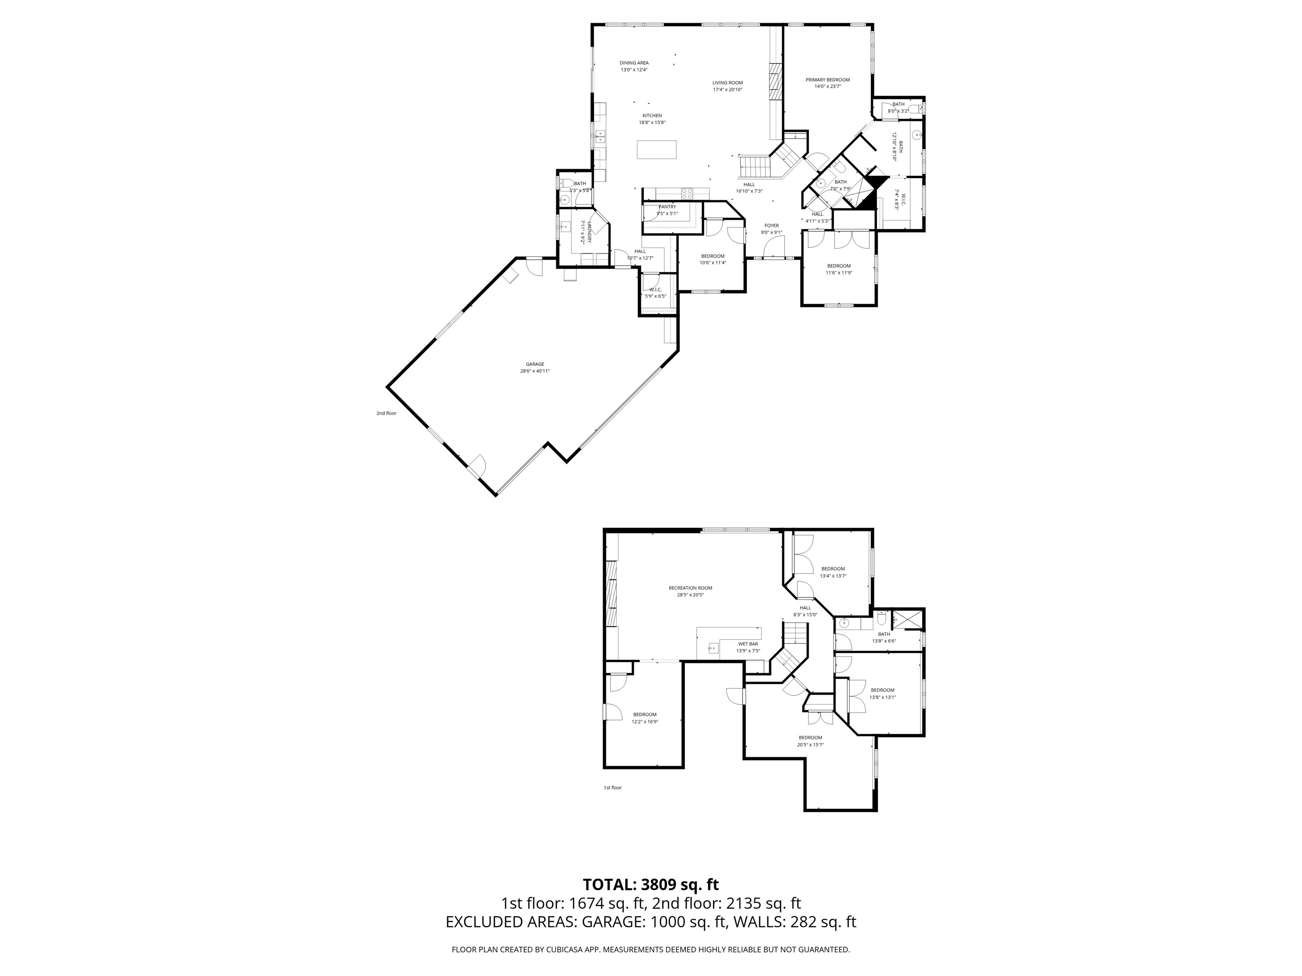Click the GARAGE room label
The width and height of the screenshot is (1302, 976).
pos(534,364)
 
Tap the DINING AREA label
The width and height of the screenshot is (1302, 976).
pos(634,63)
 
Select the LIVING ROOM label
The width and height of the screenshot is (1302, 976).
pos(728,83)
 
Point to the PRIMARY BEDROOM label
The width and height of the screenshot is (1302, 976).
pos(828,80)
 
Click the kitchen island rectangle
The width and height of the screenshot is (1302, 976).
pos(656,150)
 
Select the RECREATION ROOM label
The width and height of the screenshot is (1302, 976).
pos(690,588)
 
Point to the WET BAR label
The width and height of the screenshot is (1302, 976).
pos(748,644)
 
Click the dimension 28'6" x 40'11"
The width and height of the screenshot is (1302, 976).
pos(534,371)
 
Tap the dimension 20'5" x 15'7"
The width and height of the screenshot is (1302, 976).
pos(810,745)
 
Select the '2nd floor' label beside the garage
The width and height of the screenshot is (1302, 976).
pos(386,413)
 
